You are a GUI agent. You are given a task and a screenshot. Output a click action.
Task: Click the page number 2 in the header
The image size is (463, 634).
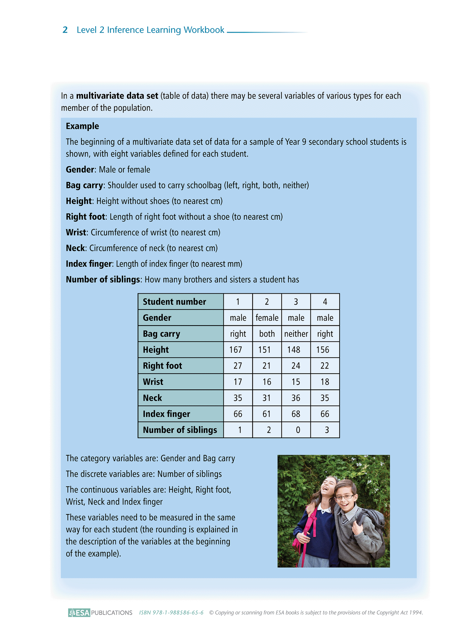[65, 30]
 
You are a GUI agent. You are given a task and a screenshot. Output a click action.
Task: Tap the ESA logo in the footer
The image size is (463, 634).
[79, 613]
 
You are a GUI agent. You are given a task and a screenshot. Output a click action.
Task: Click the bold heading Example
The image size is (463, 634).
[82, 126]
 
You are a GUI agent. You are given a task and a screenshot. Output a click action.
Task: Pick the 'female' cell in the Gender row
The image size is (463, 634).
[267, 318]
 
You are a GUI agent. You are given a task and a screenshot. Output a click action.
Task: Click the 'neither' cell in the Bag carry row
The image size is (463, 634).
[296, 334]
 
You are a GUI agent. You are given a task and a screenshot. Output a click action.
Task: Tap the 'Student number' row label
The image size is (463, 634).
[174, 302]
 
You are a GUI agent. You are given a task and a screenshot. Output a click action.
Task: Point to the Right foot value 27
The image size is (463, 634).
[238, 366]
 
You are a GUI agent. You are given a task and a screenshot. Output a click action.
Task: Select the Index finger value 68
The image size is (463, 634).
[296, 414]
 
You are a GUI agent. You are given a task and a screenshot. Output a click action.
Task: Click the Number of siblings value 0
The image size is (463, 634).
[298, 430]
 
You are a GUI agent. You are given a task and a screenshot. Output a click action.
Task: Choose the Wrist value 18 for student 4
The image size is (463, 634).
[325, 382]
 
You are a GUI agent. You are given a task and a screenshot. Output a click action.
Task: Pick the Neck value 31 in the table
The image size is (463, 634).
[267, 398]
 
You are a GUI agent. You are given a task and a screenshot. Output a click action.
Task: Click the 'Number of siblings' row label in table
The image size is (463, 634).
[180, 430]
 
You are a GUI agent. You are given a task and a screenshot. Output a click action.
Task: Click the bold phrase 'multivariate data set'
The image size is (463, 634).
[117, 96]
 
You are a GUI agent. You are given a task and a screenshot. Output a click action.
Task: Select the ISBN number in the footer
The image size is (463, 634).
[171, 613]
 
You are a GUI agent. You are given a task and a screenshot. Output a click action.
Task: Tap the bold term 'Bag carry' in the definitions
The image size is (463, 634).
[84, 185]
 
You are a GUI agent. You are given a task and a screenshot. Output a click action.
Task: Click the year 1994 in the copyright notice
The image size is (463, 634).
[416, 613]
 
